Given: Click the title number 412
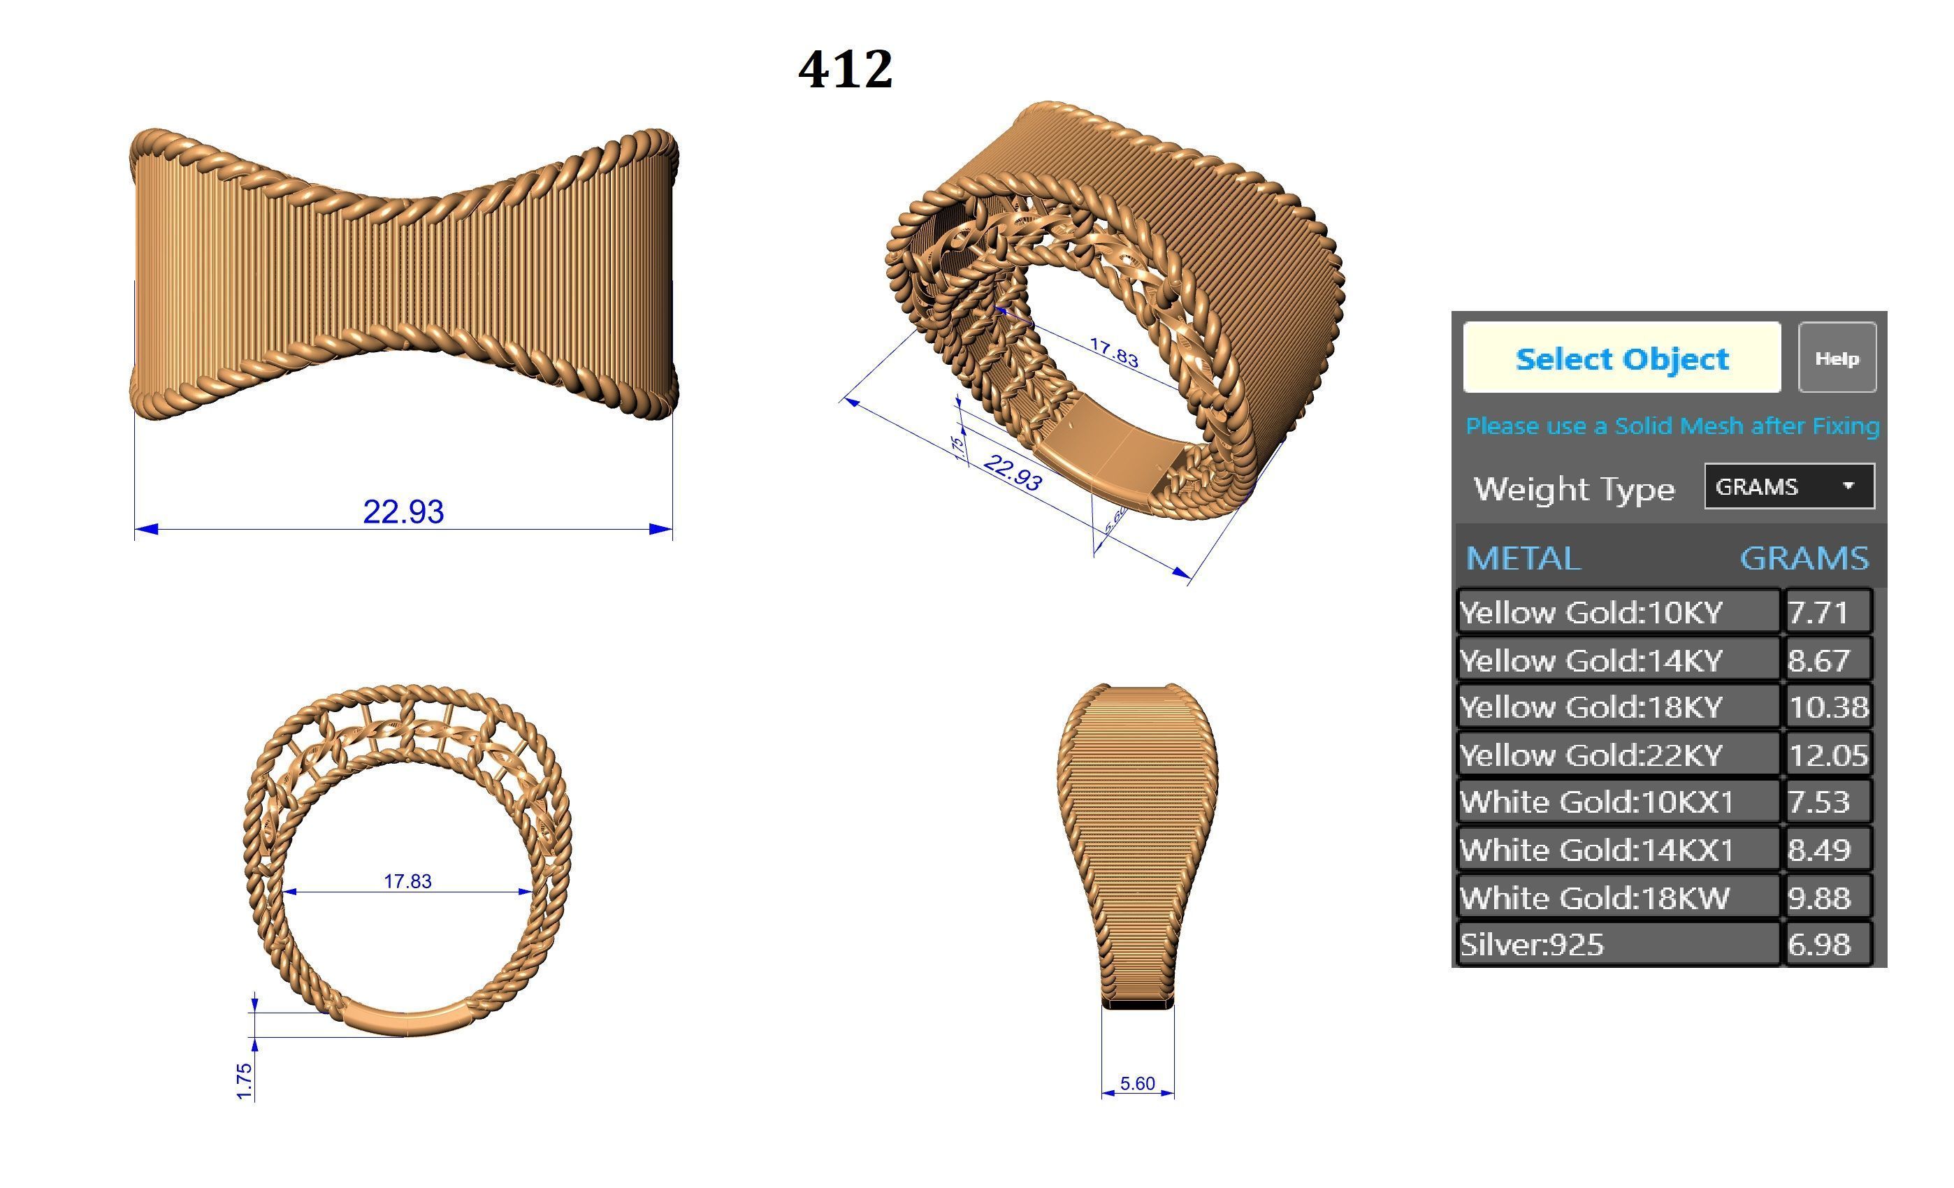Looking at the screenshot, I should pos(846,69).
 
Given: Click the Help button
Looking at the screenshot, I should pos(1836,358).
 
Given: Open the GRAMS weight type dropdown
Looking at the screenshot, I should pos(1788,486).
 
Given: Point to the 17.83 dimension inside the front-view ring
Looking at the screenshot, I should pos(407,881).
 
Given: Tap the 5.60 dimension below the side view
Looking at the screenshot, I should pos(1137,1083).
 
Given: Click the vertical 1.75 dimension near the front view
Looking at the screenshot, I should pos(245,1081).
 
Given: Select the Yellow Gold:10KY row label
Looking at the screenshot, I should pos(1591,612).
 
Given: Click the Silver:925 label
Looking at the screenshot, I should pos(1532,945).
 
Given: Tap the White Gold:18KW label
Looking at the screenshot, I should pos(1594,898).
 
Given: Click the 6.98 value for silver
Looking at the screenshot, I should pos(1819,945).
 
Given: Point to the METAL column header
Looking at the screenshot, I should pos(1523,558).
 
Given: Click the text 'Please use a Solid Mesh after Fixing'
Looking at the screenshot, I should pos(1672,426).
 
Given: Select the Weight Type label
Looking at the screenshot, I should pos(1573,488).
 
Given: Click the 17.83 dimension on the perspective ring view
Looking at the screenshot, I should pos(1113,352).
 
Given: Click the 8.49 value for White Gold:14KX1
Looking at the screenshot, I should pos(1819,850).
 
